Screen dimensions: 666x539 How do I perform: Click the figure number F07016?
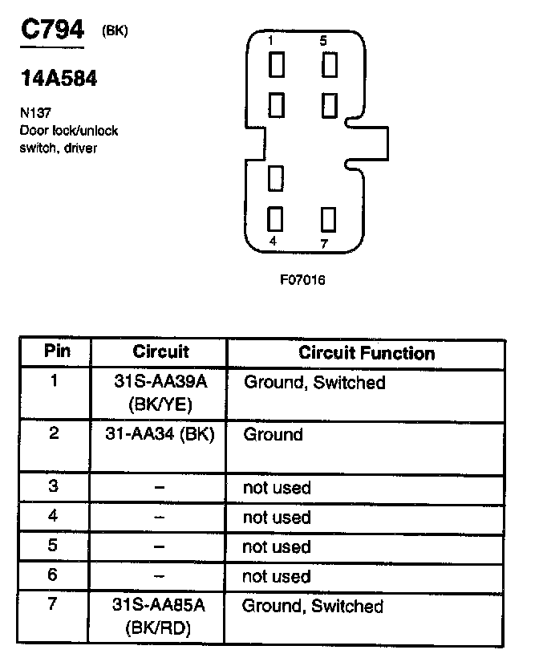(302, 280)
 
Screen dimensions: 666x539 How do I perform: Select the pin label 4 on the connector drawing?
(273, 241)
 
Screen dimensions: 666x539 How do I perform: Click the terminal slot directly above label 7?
(327, 218)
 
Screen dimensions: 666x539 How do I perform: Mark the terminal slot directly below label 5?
(328, 65)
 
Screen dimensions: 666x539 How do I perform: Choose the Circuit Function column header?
(367, 353)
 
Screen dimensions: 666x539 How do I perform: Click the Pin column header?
(57, 351)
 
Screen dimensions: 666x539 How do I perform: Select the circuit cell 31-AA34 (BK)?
(159, 435)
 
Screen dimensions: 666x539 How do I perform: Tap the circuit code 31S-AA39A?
(160, 383)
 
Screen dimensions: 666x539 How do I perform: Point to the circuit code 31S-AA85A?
(159, 606)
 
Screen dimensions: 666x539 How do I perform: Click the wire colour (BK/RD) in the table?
(159, 629)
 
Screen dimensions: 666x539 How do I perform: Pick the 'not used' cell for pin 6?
(276, 576)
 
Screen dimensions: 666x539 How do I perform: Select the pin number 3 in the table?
(54, 485)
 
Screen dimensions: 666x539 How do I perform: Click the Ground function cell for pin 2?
(273, 435)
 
